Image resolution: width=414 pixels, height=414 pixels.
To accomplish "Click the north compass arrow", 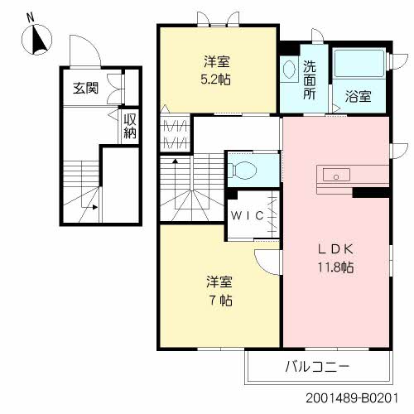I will pyautogui.click(x=39, y=40).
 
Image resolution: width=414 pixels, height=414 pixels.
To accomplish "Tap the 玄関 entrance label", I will pyautogui.click(x=85, y=87).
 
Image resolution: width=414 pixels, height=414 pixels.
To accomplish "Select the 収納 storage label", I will pyautogui.click(x=130, y=128).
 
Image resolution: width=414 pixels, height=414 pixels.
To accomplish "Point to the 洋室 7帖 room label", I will pyautogui.click(x=218, y=289).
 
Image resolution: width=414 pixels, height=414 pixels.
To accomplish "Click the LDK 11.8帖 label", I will pyautogui.click(x=335, y=258).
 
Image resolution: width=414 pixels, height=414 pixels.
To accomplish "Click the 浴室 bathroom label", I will pyautogui.click(x=359, y=94).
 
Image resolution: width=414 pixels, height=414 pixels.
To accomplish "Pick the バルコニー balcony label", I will pyautogui.click(x=318, y=365).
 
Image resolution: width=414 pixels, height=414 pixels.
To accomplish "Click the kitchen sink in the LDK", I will pyautogui.click(x=335, y=175).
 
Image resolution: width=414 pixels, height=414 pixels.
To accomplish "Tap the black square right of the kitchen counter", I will pyautogui.click(x=370, y=192).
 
